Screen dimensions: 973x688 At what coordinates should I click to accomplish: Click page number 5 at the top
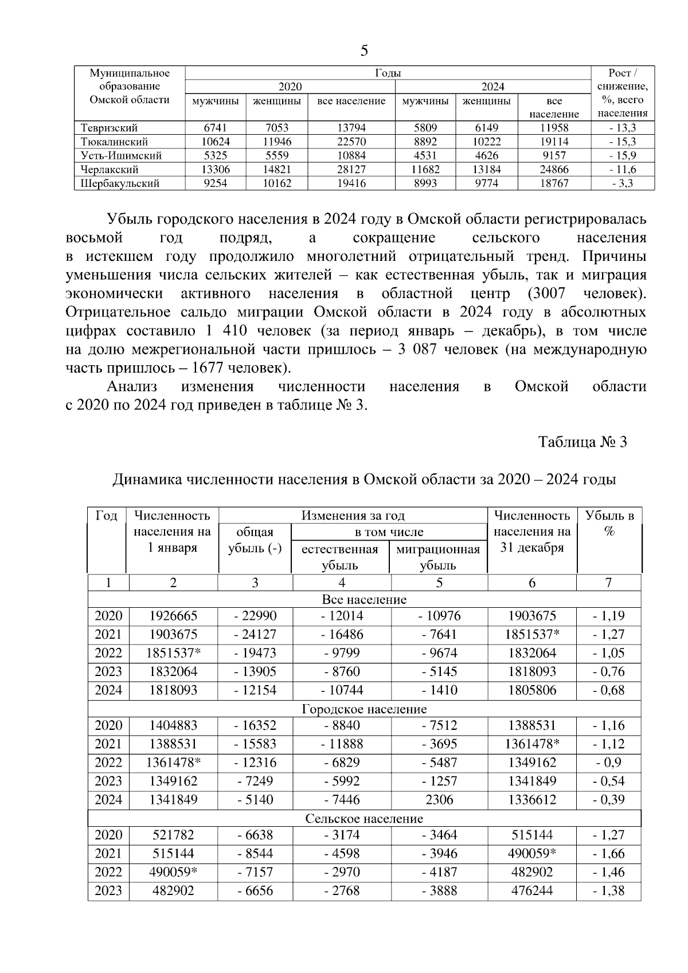[x=365, y=51]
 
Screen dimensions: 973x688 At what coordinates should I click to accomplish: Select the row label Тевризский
[x=110, y=128]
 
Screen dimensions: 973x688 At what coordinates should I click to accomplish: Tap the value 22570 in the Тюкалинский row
[x=351, y=142]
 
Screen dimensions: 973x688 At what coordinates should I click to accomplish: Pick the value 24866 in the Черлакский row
[x=554, y=170]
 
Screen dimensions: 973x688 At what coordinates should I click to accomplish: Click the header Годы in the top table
[x=388, y=73]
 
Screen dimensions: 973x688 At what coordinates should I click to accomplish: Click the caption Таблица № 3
[x=583, y=442]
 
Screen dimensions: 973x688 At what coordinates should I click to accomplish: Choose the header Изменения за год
[x=353, y=515]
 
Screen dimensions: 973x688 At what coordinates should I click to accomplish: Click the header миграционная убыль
[x=439, y=557]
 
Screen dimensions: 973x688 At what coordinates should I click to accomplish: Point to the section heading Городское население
[x=364, y=709]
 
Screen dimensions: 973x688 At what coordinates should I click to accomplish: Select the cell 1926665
[x=173, y=616]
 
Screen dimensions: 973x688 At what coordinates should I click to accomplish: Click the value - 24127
[x=255, y=635]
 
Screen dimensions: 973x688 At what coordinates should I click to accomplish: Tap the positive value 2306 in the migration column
[x=439, y=799]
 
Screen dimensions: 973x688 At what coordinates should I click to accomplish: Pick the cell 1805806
[x=532, y=690]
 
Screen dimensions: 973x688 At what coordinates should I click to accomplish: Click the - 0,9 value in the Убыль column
[x=608, y=763]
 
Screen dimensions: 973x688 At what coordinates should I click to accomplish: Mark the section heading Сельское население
[x=364, y=818]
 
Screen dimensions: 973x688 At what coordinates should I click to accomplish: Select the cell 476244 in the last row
[x=532, y=890]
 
